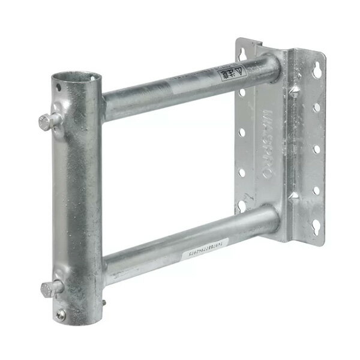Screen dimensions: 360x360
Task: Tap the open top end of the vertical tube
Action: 76,79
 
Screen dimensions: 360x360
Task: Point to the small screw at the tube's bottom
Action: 61,313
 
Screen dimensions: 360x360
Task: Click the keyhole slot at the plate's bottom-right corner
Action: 314,231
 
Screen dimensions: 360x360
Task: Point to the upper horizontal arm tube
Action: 180,88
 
